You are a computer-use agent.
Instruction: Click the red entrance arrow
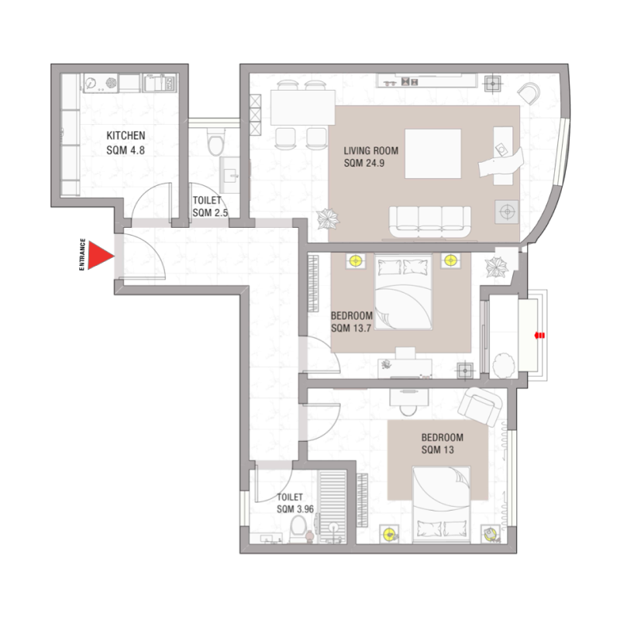[x=99, y=257]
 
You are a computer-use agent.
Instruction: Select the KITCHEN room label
[x=126, y=136]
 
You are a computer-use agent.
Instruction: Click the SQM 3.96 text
[x=294, y=509]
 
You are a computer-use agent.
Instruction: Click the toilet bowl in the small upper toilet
[x=216, y=144]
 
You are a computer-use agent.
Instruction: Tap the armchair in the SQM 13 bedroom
[x=481, y=406]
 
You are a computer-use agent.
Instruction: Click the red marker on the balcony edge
[x=540, y=335]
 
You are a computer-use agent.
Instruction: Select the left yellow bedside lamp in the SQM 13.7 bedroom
[x=356, y=261]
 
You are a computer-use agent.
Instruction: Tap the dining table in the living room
[x=303, y=109]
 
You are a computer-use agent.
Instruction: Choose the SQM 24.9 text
[x=364, y=164]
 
